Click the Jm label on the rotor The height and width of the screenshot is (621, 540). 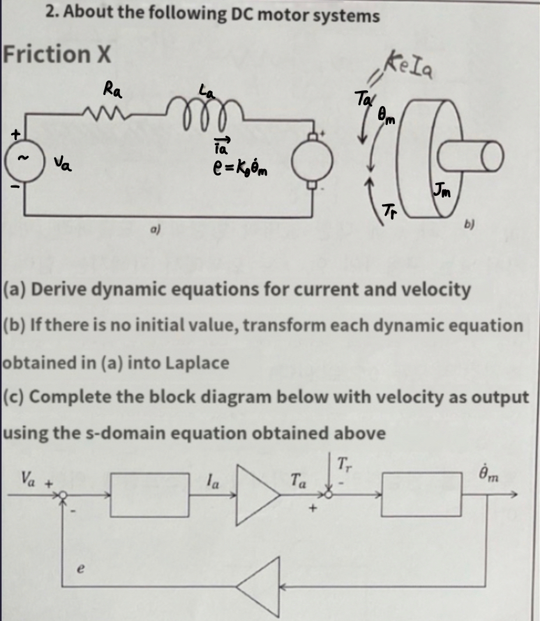tap(441, 191)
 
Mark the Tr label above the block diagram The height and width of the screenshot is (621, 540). tap(343, 465)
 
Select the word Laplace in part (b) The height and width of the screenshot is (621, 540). tap(198, 363)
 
